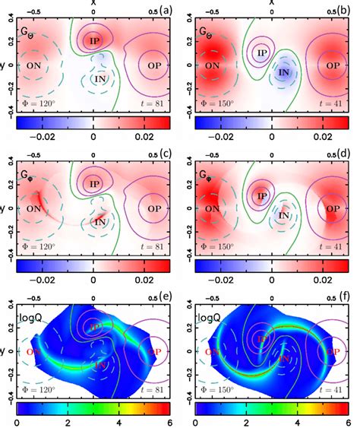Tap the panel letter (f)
[342, 298]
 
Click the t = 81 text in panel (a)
[153, 103]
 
